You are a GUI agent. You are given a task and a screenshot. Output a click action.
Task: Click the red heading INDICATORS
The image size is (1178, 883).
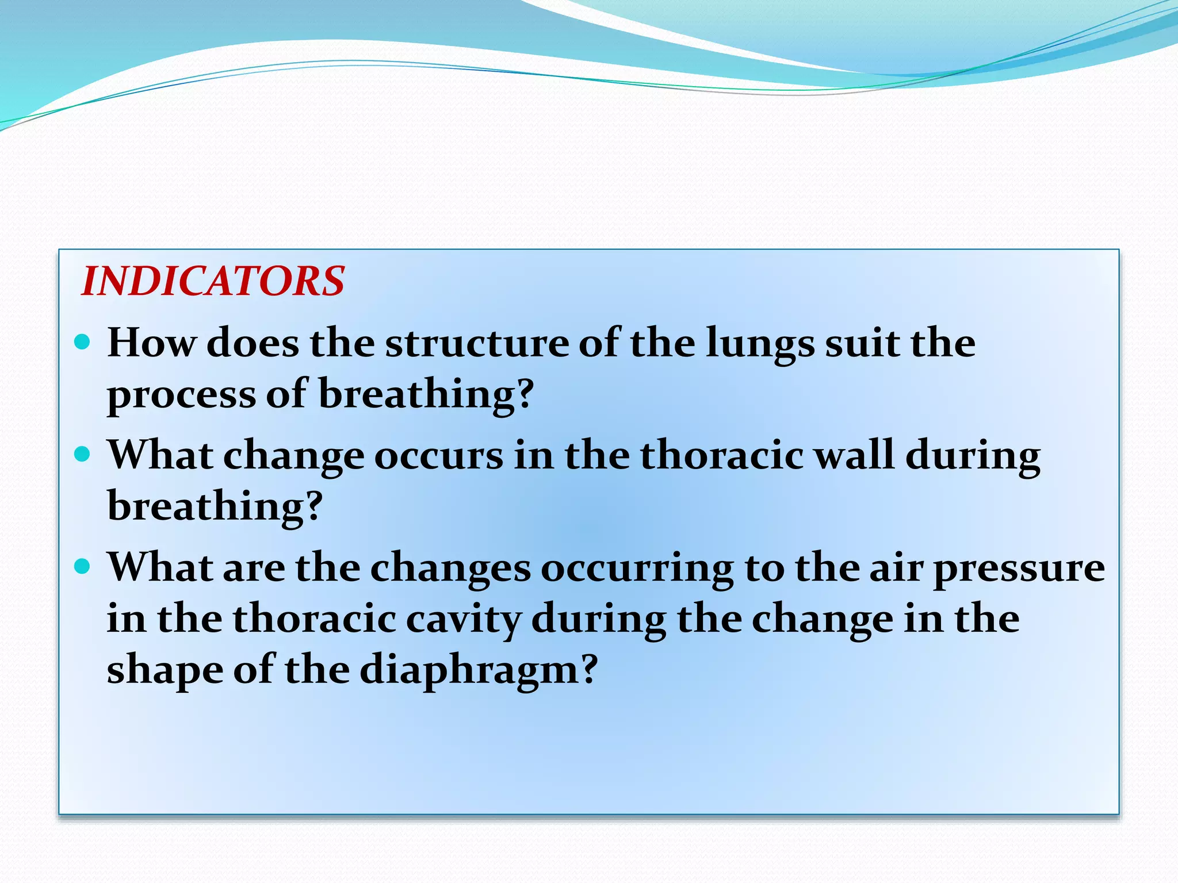point(213,281)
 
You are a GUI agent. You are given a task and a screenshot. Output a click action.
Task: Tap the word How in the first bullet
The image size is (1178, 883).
point(151,343)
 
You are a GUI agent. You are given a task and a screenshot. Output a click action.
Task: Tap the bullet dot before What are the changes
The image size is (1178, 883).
point(83,567)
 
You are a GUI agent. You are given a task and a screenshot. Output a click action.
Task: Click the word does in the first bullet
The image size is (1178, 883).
point(253,343)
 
